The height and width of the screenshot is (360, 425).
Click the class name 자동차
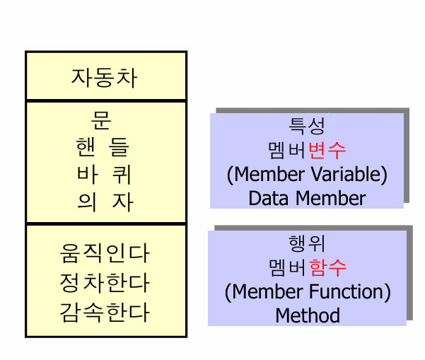[105, 76]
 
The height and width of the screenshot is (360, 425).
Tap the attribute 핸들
[104, 148]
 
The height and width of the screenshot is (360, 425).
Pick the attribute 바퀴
[104, 175]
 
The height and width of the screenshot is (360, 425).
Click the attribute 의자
[105, 202]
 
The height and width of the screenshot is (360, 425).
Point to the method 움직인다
[105, 253]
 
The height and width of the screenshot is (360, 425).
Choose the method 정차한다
[105, 282]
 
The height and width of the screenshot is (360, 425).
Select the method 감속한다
[105, 311]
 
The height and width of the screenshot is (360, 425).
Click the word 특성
[307, 127]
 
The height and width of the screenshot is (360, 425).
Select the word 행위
[307, 244]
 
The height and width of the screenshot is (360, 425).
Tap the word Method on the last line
[308, 315]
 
